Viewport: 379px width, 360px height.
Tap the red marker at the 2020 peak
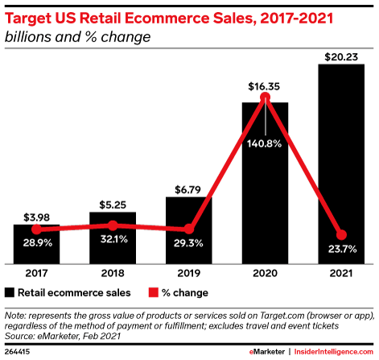(x=266, y=100)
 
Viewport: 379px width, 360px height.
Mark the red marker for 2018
(x=113, y=226)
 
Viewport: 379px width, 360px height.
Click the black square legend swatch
(x=10, y=292)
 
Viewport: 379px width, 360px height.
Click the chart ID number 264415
(x=19, y=351)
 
